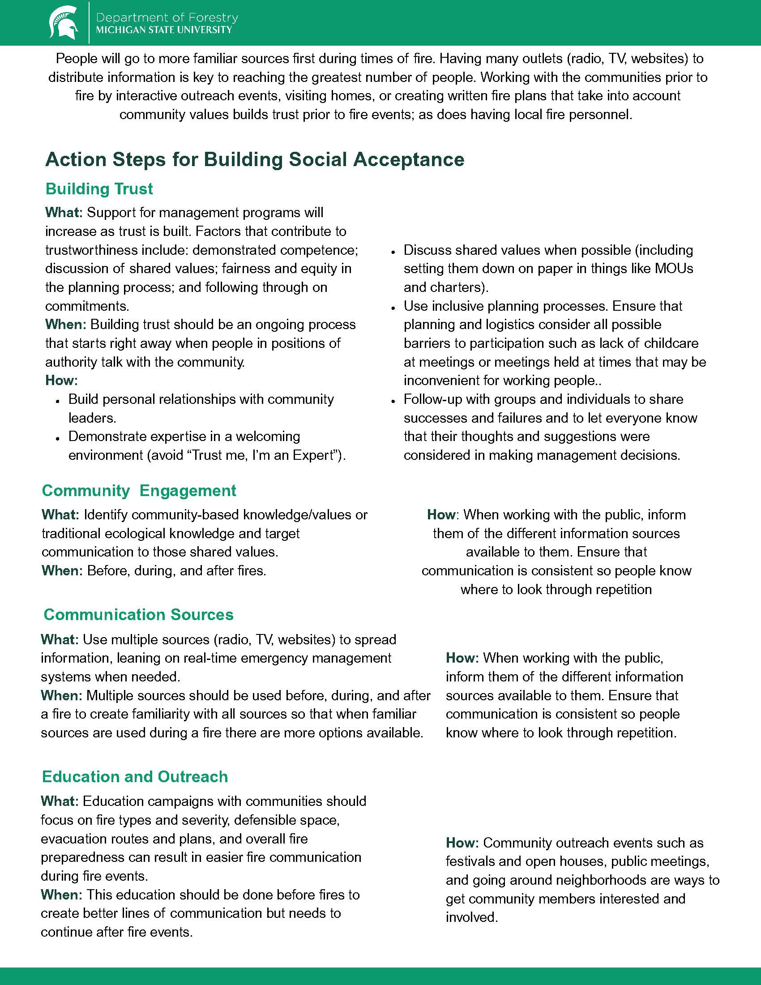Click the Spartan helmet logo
tap(63, 22)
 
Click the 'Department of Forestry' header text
tap(167, 17)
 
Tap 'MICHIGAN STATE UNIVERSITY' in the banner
tap(164, 30)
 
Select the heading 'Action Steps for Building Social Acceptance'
tap(255, 160)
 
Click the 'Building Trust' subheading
tap(99, 188)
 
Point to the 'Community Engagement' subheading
tap(139, 490)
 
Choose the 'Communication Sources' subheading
tap(138, 614)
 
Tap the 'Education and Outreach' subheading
tap(135, 776)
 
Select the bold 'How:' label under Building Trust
tap(61, 380)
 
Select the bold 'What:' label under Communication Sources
tap(60, 639)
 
